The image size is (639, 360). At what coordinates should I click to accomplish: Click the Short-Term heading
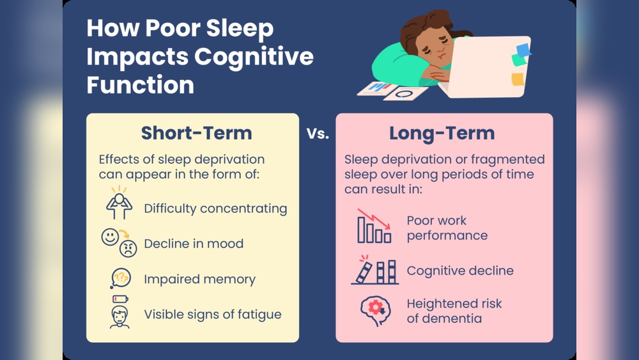(196, 133)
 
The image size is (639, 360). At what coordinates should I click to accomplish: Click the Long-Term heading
(442, 133)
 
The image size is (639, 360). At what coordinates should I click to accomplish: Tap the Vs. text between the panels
(317, 134)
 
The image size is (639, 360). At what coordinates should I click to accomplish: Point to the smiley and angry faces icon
(119, 242)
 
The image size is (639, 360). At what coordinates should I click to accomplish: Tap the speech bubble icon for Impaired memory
(120, 278)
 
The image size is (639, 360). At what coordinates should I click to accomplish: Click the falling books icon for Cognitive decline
(374, 270)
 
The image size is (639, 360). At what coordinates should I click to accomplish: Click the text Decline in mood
(194, 244)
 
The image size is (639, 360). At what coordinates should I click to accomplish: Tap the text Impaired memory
(199, 279)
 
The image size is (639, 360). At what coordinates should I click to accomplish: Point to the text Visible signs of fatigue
(212, 314)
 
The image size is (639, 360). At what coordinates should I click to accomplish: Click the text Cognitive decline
(459, 270)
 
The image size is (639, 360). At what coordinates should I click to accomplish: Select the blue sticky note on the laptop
(523, 49)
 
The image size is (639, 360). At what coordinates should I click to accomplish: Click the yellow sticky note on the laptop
(518, 79)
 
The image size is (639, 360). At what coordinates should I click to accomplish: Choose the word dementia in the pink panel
(444, 318)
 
